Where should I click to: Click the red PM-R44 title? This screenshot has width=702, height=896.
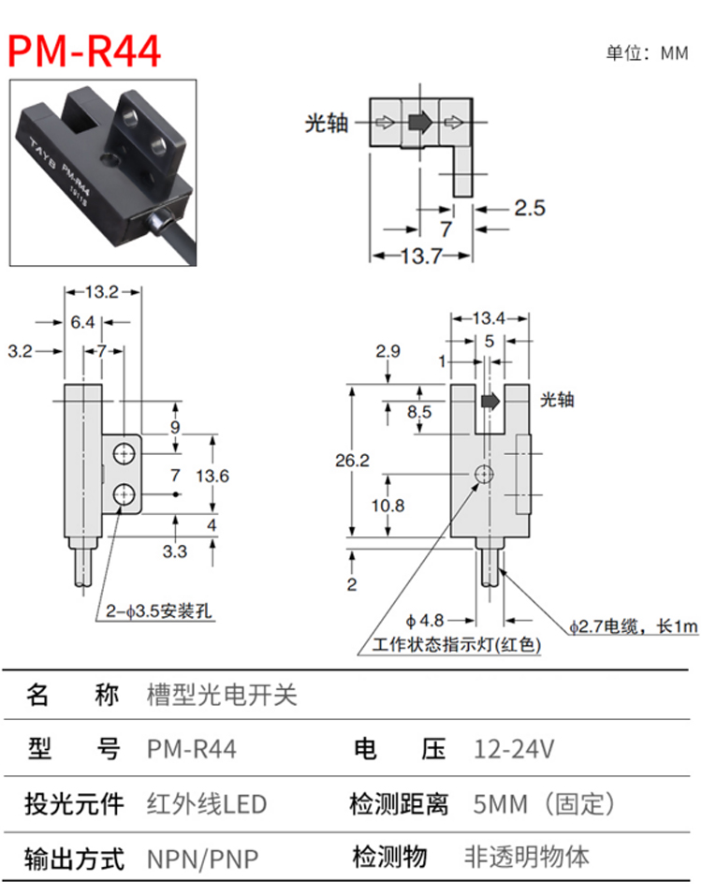pyautogui.click(x=85, y=51)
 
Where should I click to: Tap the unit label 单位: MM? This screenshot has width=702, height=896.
pyautogui.click(x=646, y=53)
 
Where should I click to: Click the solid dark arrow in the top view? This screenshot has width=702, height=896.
pyautogui.click(x=418, y=122)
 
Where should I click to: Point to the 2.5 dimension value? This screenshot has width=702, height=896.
pyautogui.click(x=529, y=208)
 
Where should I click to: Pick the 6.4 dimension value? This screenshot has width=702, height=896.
pyautogui.click(x=82, y=323)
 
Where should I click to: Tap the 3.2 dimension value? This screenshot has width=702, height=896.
pyautogui.click(x=20, y=351)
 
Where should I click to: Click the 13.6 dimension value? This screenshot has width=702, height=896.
pyautogui.click(x=212, y=476)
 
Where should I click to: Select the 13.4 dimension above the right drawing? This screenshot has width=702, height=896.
pyautogui.click(x=489, y=318)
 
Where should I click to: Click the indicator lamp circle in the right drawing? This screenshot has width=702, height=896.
pyautogui.click(x=482, y=475)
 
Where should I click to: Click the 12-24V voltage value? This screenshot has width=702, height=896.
pyautogui.click(x=515, y=749)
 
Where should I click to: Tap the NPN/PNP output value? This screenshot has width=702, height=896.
pyautogui.click(x=202, y=858)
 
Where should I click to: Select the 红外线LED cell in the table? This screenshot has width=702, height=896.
pyautogui.click(x=207, y=803)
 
